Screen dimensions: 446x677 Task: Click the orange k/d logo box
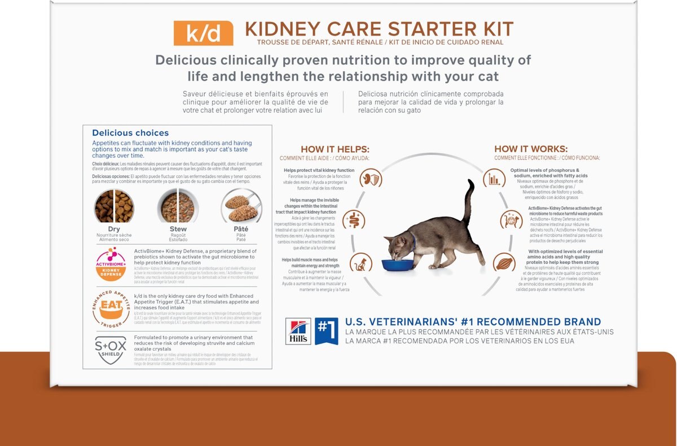pos(203,33)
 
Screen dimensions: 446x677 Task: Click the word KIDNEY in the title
pos(289,29)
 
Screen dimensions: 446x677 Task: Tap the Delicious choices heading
pos(130,133)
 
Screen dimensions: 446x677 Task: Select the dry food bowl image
pos(114,206)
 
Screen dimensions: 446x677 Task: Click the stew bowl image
pos(178,206)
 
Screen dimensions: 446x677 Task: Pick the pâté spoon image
pos(241,206)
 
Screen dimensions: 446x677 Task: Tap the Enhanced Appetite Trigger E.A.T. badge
pos(111,308)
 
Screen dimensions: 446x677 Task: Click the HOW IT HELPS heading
pos(335,149)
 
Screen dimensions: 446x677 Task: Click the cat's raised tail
pos(468,200)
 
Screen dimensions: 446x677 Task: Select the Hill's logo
pos(298,331)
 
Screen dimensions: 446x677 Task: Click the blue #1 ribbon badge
pos(326,331)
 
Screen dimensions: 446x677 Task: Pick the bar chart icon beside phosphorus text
pos(494,179)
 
